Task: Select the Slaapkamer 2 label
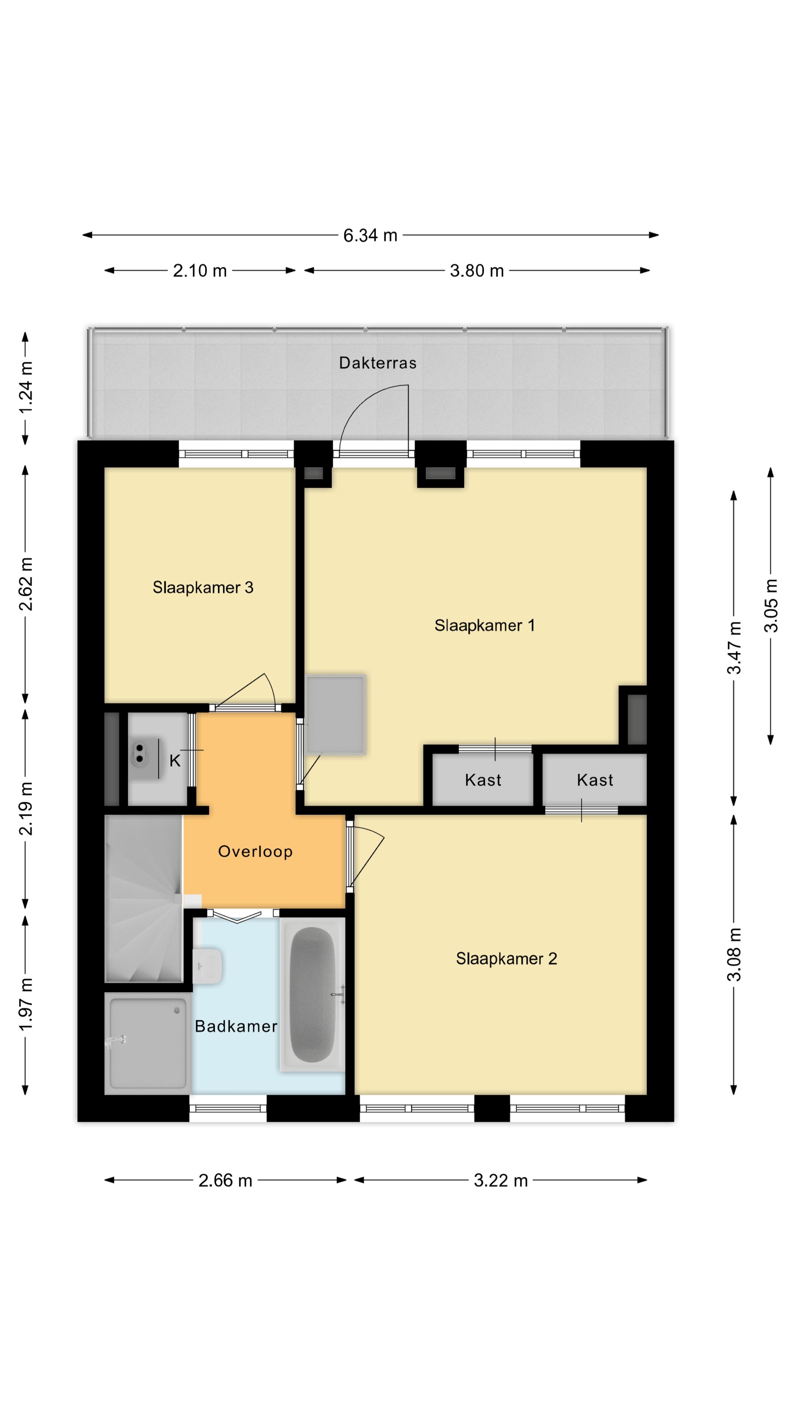coord(506,958)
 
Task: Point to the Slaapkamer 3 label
coord(203,587)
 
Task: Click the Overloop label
coord(255,852)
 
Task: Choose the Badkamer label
coord(236,1026)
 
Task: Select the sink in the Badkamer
coord(207,966)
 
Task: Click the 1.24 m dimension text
coord(26,387)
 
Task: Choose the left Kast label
coord(483,780)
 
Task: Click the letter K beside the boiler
coord(175,761)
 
